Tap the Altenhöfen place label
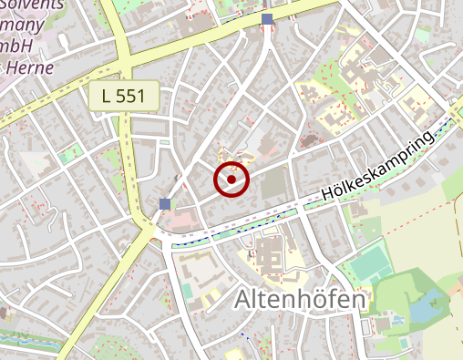coord(300,299)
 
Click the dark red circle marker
coord(231,180)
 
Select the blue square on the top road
coord(267,19)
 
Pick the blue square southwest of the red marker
coord(164,203)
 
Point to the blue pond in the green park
coord(423,309)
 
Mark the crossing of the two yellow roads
coord(125,67)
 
